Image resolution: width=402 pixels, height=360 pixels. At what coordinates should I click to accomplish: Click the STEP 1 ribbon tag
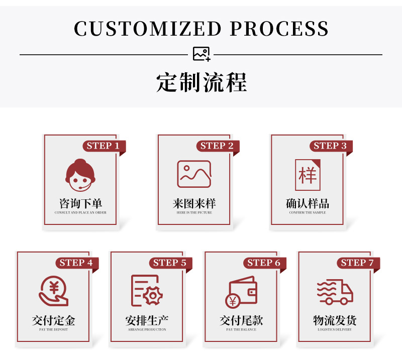(x=103, y=146)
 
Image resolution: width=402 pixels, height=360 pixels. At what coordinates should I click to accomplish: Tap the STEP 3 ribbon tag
(x=330, y=146)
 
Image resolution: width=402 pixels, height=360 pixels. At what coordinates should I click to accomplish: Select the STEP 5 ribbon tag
(x=170, y=263)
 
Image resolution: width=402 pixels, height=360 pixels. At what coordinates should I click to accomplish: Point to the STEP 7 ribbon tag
(x=357, y=263)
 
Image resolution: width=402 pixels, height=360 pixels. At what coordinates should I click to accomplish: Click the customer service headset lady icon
(x=80, y=174)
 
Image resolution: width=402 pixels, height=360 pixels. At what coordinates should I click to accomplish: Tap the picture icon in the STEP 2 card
(x=194, y=174)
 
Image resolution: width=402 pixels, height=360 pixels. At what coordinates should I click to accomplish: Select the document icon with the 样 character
(x=307, y=175)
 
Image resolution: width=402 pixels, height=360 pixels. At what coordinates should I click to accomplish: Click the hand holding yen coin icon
(x=53, y=291)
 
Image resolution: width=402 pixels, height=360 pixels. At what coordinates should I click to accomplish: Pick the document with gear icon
(x=147, y=291)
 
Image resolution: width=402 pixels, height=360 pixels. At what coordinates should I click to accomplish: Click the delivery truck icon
(x=335, y=292)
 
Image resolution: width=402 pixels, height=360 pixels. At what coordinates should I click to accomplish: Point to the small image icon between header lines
(x=202, y=54)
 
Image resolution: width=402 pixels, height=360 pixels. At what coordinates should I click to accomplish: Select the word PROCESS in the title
(x=279, y=29)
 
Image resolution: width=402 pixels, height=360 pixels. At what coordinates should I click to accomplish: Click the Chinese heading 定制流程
(x=202, y=82)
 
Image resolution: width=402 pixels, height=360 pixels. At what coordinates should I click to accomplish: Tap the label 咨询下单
(x=80, y=204)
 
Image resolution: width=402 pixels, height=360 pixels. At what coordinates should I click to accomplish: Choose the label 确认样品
(x=308, y=204)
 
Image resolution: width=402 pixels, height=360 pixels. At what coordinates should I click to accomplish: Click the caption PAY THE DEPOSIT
(x=53, y=329)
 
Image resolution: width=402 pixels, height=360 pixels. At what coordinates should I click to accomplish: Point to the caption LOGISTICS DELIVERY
(x=335, y=329)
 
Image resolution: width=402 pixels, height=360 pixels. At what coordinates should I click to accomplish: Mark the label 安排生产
(x=147, y=320)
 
